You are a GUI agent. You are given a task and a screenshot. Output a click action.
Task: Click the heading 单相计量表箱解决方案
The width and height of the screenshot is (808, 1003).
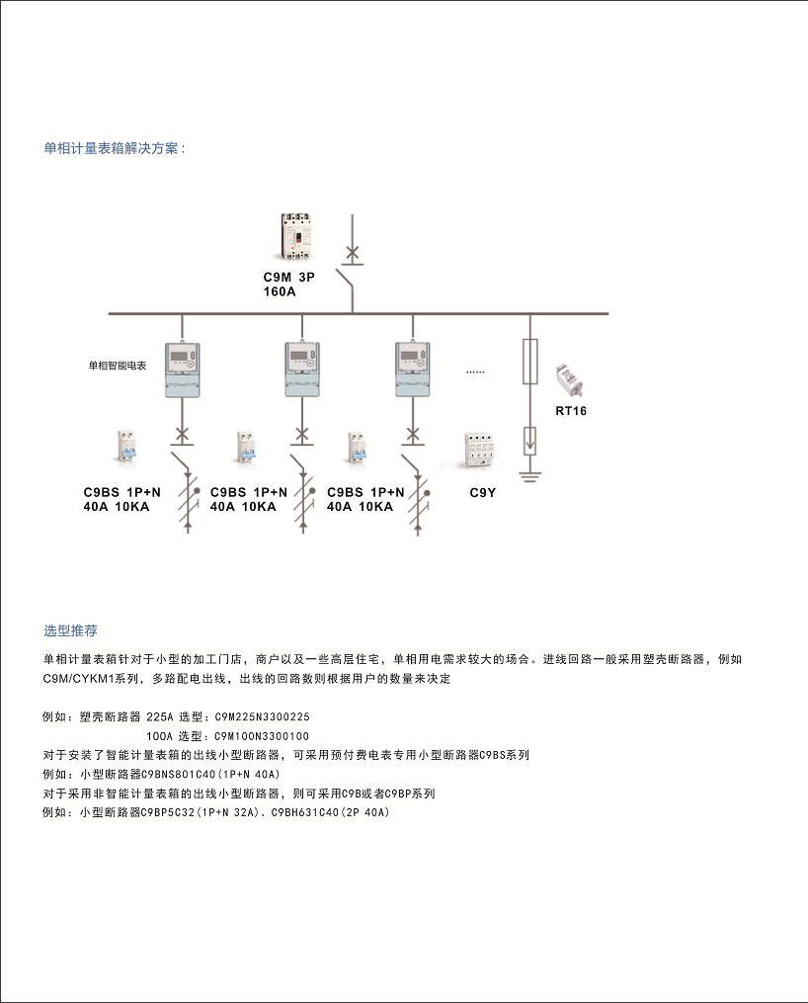click(115, 148)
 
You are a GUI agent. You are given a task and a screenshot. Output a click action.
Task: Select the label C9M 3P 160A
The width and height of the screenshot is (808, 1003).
click(289, 284)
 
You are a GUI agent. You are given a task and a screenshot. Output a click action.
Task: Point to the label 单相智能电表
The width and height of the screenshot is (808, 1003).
click(117, 366)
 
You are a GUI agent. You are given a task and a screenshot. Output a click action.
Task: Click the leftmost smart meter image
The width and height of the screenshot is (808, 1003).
click(183, 370)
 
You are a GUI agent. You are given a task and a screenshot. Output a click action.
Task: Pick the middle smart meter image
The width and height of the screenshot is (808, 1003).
click(302, 370)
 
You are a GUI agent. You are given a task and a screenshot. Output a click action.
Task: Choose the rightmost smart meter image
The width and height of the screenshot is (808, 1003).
click(413, 370)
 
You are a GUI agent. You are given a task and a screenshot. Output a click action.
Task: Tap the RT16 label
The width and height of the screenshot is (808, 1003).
click(571, 411)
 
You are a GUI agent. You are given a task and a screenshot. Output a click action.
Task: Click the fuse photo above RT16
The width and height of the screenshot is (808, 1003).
click(569, 380)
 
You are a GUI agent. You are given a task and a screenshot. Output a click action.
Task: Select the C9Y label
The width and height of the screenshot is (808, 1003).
click(483, 492)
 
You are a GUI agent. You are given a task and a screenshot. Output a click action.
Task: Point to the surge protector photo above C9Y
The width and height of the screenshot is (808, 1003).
click(480, 451)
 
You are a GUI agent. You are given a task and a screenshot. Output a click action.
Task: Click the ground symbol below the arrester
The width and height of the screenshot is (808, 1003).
click(529, 476)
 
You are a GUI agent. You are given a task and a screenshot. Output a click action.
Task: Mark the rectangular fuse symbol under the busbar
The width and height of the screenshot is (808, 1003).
click(529, 362)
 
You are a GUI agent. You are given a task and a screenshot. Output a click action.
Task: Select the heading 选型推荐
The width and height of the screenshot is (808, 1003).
click(70, 630)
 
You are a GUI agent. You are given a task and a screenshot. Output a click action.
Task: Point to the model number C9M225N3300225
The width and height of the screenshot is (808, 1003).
click(262, 717)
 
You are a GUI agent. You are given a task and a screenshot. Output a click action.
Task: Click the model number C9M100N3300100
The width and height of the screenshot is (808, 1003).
click(262, 736)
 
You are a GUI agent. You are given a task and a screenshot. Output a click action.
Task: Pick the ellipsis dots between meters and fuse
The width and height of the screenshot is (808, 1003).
click(475, 372)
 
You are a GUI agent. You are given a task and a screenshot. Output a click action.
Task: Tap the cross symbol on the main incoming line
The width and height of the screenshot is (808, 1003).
click(353, 254)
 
